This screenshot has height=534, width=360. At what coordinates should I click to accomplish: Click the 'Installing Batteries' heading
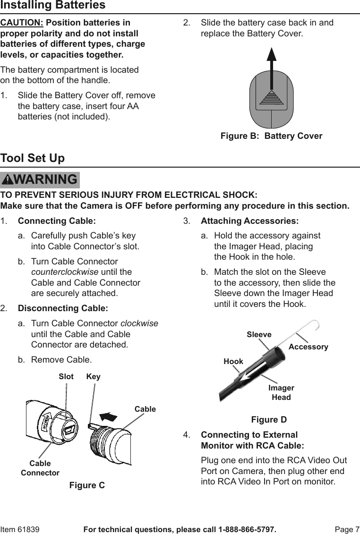tap(53, 6)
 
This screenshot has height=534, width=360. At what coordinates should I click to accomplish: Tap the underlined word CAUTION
tap(22, 23)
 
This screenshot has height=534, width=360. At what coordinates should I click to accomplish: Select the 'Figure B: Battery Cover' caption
tap(271, 136)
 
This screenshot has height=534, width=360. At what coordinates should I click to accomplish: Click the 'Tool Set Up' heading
tap(33, 158)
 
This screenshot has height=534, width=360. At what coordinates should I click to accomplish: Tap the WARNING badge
tap(40, 180)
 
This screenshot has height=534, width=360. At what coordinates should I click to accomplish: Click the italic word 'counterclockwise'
tap(65, 272)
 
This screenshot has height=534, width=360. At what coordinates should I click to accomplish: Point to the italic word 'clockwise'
tap(139, 323)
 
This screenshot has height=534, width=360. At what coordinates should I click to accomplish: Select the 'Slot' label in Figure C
tap(66, 377)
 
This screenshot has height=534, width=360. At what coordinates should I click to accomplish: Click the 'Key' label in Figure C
tap(94, 377)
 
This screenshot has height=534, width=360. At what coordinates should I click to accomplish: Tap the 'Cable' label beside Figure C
tap(145, 409)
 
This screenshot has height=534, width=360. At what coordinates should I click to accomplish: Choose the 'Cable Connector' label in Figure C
tap(40, 468)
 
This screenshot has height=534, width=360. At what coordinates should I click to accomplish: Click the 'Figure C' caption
tap(87, 485)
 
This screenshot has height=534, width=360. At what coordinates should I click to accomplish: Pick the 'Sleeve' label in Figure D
tap(259, 335)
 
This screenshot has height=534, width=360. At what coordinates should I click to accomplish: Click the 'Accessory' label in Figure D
tap(308, 347)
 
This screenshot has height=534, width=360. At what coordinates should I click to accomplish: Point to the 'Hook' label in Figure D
tap(233, 361)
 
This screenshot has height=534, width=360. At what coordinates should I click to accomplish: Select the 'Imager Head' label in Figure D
tap(281, 392)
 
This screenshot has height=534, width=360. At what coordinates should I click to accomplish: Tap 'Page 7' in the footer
tap(347, 529)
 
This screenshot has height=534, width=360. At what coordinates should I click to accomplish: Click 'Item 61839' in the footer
tap(20, 529)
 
